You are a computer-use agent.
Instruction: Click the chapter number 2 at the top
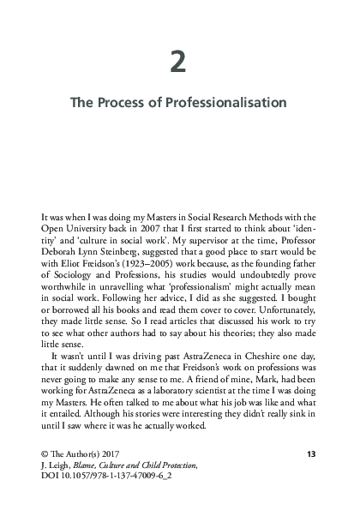click(180, 63)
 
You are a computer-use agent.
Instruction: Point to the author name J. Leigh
click(54, 488)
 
